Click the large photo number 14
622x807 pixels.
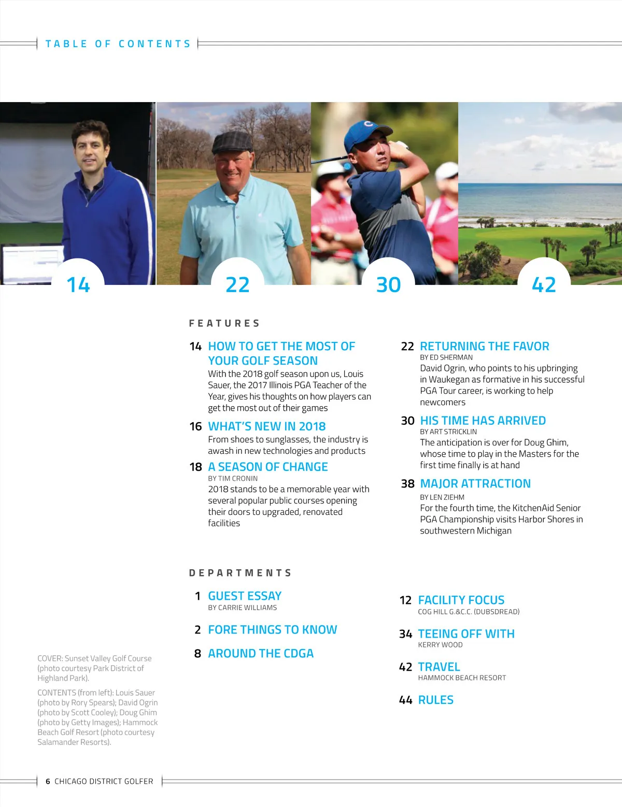[78, 285]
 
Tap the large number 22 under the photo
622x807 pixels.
[237, 285]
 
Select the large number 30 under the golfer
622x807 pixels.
[388, 285]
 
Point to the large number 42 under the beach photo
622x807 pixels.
[544, 285]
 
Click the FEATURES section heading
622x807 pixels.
[224, 323]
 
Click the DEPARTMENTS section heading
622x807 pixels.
[241, 573]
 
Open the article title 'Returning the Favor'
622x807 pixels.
[484, 346]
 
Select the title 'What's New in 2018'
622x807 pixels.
[267, 426]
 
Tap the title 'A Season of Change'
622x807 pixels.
[268, 467]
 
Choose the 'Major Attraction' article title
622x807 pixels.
[475, 483]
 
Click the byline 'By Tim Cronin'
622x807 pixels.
[233, 479]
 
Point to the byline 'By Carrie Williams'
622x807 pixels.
[243, 608]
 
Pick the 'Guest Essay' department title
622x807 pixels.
[245, 596]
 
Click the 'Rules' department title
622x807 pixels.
[435, 700]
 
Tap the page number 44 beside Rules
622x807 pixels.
[405, 700]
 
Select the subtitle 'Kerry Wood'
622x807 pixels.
[440, 645]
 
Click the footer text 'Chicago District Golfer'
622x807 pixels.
[104, 781]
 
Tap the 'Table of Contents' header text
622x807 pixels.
[118, 44]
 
